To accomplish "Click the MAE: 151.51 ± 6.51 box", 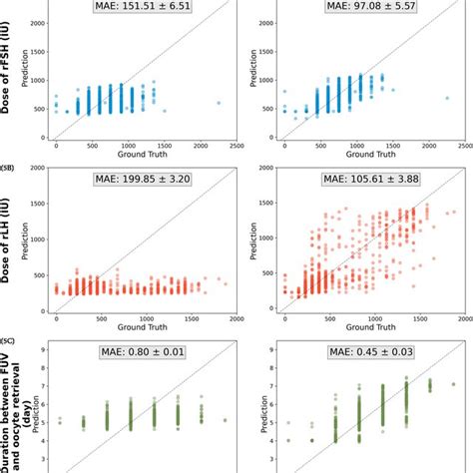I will click(144, 9).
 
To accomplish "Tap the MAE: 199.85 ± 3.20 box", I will click(144, 183).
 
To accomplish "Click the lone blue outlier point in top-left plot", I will click(219, 103).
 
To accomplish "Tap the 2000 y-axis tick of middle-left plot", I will click(39, 169).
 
